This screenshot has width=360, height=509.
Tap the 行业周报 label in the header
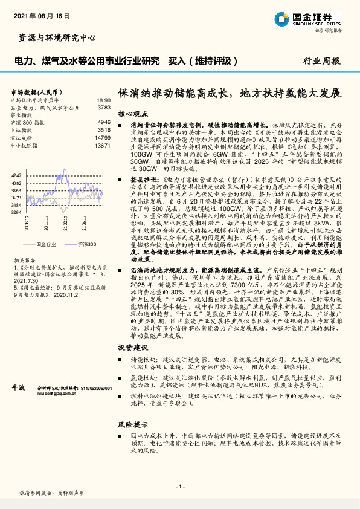pos(321,61)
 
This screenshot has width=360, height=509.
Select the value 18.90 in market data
pos(103,100)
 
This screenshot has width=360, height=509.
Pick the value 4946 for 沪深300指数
pos(104,122)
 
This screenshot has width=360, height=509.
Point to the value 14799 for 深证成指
pos(103,138)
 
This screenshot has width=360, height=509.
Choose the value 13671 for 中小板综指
pos(103,146)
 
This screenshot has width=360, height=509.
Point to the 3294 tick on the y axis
pos(16,212)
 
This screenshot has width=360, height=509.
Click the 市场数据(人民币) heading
pos(35,92)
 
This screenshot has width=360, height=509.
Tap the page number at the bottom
pos(179,487)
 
